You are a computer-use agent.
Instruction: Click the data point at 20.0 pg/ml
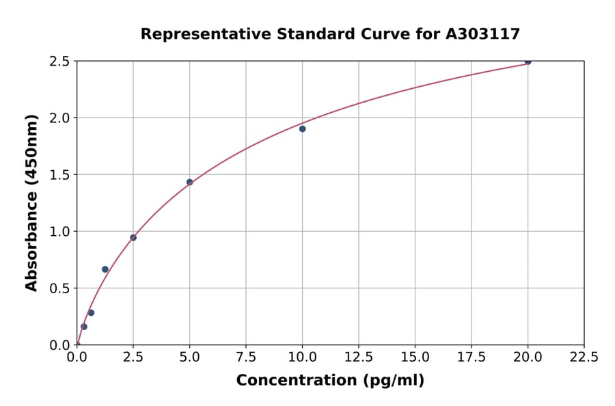(x=528, y=62)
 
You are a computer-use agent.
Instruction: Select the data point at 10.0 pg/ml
(x=302, y=128)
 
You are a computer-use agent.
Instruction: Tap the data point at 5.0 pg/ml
(x=189, y=182)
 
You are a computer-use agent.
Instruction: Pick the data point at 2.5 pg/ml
(x=133, y=238)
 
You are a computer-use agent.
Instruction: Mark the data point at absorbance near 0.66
(x=105, y=269)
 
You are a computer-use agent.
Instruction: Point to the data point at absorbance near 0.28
(x=91, y=313)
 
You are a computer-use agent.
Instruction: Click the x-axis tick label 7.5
(x=246, y=357)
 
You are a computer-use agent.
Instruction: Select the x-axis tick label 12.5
(x=359, y=357)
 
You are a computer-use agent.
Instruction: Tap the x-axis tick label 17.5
(x=471, y=357)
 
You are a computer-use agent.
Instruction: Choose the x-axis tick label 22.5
(x=584, y=357)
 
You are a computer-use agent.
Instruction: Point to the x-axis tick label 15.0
(x=415, y=357)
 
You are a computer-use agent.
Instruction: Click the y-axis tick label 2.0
(x=60, y=118)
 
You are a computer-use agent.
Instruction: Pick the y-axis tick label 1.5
(x=60, y=175)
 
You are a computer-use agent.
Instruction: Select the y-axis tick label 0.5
(x=60, y=288)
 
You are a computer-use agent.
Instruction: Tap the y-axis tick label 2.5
(x=60, y=62)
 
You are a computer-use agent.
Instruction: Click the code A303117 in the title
(x=482, y=33)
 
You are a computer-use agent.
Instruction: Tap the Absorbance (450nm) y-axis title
(x=31, y=202)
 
